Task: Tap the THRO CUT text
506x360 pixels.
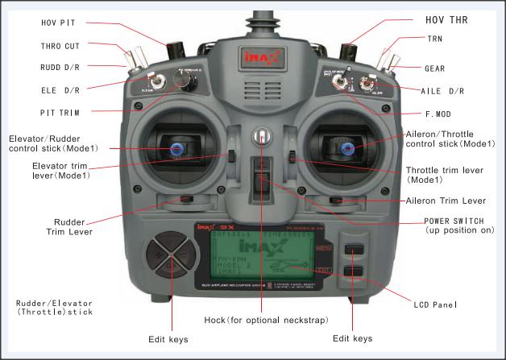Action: pyautogui.click(x=59, y=46)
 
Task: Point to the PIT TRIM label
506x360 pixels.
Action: pyautogui.click(x=63, y=112)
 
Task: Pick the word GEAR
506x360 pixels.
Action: pyautogui.click(x=434, y=68)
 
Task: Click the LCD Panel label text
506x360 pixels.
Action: pyautogui.click(x=433, y=304)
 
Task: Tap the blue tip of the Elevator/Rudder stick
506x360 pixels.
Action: pyautogui.click(x=176, y=147)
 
